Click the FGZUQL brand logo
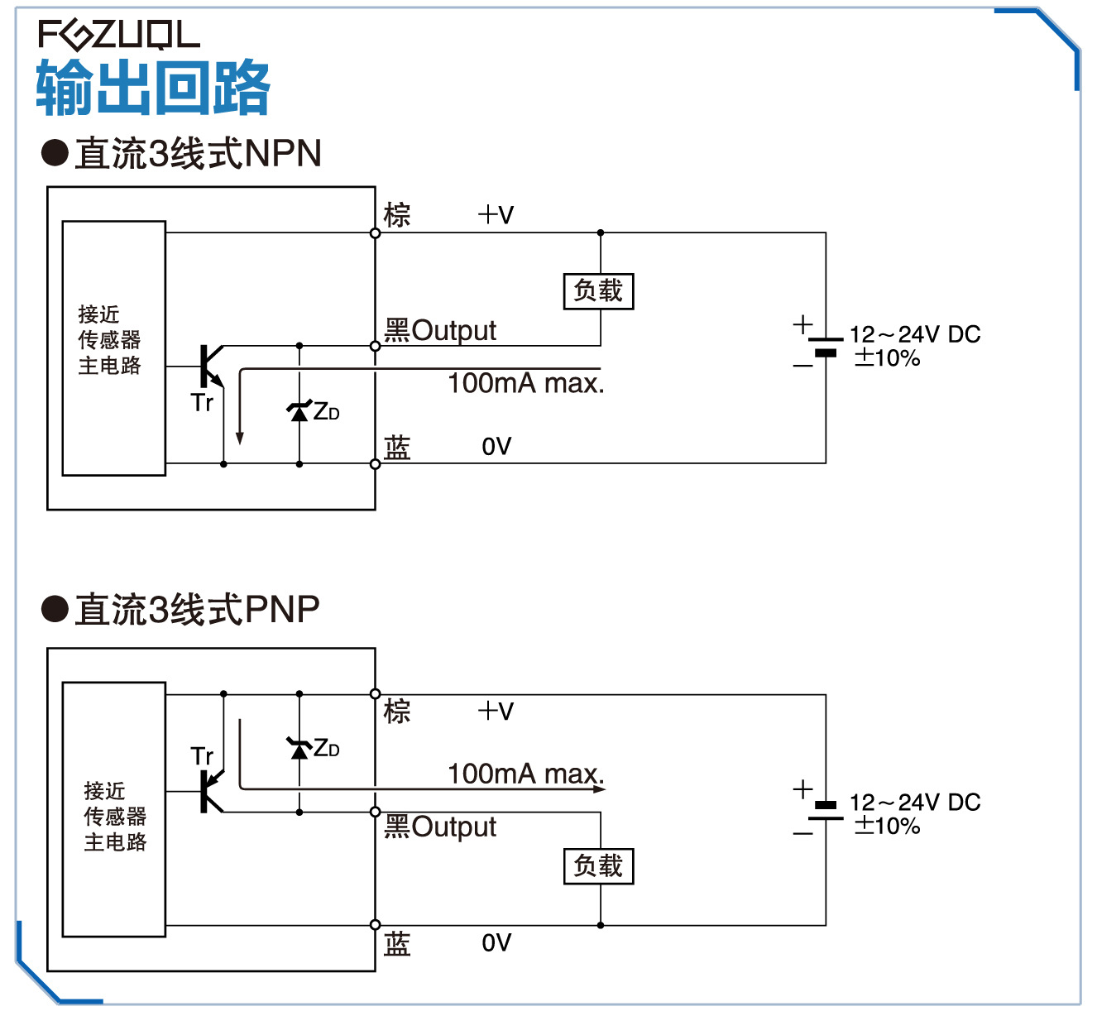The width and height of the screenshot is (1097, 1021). point(118,35)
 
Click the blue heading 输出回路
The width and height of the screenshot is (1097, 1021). point(153,88)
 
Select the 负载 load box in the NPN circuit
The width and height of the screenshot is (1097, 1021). point(598,291)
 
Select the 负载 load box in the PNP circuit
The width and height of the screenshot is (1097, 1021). point(598,866)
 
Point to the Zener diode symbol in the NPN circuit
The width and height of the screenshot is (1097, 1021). point(299,410)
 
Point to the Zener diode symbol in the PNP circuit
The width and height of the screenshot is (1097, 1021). point(299,748)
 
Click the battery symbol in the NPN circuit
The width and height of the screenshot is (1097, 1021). point(825,346)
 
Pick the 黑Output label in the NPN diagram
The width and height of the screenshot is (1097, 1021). point(440,330)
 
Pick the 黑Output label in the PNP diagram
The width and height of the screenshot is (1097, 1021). point(440,827)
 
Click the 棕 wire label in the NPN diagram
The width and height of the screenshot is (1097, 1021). point(397,215)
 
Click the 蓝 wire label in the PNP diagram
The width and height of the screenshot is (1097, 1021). point(397,943)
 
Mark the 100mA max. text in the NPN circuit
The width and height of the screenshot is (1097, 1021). point(526,383)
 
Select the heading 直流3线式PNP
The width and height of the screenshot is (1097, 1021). point(197,610)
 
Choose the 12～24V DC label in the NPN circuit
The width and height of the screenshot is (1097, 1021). point(915,334)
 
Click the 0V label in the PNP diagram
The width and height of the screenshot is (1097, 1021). point(496,943)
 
